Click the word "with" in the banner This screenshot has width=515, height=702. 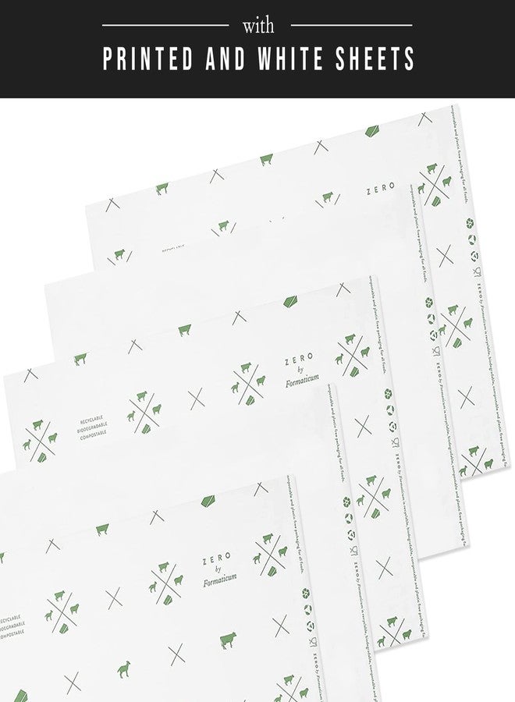[258, 26]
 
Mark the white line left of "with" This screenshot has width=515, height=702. [165, 26]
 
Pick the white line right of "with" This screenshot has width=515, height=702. [351, 26]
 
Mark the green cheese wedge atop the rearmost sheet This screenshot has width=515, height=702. [374, 130]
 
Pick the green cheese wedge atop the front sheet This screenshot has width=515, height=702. [209, 499]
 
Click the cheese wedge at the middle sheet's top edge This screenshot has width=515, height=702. [290, 301]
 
